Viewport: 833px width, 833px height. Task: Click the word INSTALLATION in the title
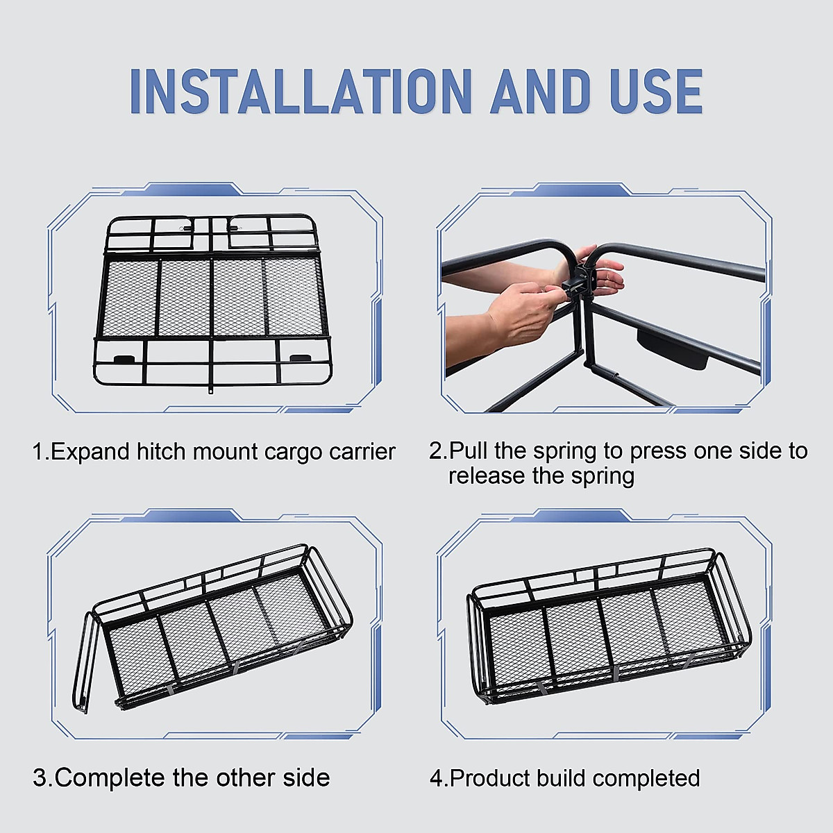pyautogui.click(x=301, y=91)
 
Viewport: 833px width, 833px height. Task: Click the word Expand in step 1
pyautogui.click(x=90, y=453)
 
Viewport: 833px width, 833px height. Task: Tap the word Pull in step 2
pyautogui.click(x=468, y=451)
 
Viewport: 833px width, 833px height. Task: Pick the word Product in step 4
pyautogui.click(x=490, y=778)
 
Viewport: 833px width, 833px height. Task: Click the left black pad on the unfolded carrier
pyautogui.click(x=124, y=358)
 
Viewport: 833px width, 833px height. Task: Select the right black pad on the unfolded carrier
pyautogui.click(x=300, y=358)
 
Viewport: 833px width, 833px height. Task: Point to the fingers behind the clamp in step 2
pyautogui.click(x=606, y=272)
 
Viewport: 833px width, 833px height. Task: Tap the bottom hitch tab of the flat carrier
pyautogui.click(x=210, y=389)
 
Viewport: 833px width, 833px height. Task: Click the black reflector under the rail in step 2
pyautogui.click(x=673, y=348)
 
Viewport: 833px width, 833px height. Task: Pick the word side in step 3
pyautogui.click(x=306, y=777)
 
